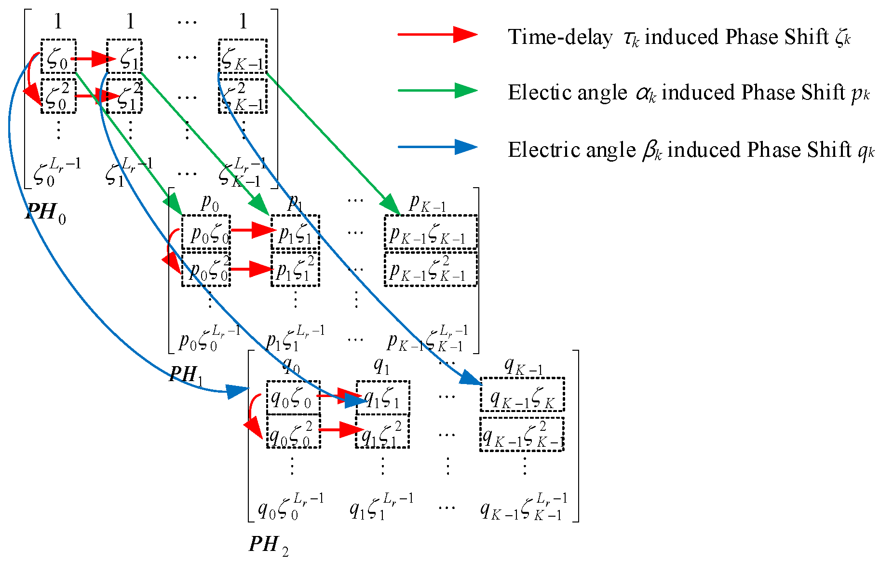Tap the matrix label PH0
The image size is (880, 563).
coord(45,212)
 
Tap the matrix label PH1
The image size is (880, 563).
coord(186,374)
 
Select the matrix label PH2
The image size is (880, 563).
coord(268,545)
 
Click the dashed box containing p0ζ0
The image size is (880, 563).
coord(206,233)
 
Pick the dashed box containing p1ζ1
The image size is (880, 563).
coord(295,233)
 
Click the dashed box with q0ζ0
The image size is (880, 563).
coord(293,398)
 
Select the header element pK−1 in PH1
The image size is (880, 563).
coord(427,203)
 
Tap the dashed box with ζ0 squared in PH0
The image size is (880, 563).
coord(58,96)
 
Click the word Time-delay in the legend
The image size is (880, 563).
coord(560,37)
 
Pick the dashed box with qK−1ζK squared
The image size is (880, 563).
coord(522,435)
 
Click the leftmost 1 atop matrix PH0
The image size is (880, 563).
coord(58,22)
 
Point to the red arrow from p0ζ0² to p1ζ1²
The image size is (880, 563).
coord(251,269)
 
